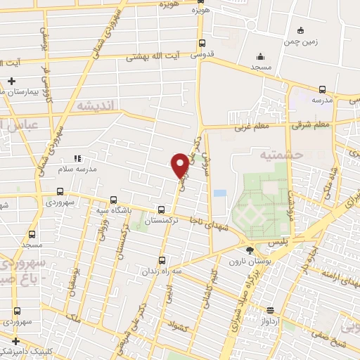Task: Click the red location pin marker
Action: (x=180, y=165)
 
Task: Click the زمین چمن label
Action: (x=302, y=41)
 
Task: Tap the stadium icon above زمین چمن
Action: (x=302, y=30)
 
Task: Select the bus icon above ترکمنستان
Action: (x=162, y=209)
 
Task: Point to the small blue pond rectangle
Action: (x=220, y=193)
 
